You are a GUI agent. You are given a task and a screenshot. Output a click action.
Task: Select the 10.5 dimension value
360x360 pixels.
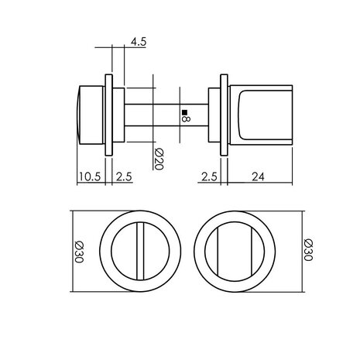click(x=91, y=177)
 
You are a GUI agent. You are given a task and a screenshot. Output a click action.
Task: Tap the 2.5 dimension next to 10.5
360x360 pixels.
click(x=125, y=177)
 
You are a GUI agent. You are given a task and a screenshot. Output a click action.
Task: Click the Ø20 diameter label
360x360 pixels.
click(x=158, y=158)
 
